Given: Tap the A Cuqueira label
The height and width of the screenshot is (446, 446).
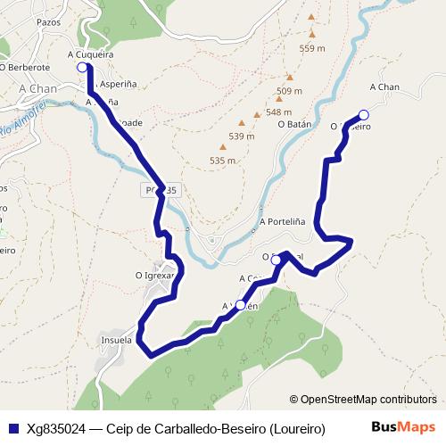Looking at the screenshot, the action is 90,54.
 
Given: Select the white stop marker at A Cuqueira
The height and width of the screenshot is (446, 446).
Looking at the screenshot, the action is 82,67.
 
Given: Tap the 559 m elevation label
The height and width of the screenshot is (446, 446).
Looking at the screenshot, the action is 312,49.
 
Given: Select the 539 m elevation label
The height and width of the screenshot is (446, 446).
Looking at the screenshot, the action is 242,136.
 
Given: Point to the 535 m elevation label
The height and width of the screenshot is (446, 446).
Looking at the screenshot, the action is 223,161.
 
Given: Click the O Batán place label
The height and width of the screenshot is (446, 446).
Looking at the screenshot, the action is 293,125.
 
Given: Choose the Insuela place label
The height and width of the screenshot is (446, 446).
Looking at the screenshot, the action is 117,340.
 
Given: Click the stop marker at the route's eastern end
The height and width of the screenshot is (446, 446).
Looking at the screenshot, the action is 363,114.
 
